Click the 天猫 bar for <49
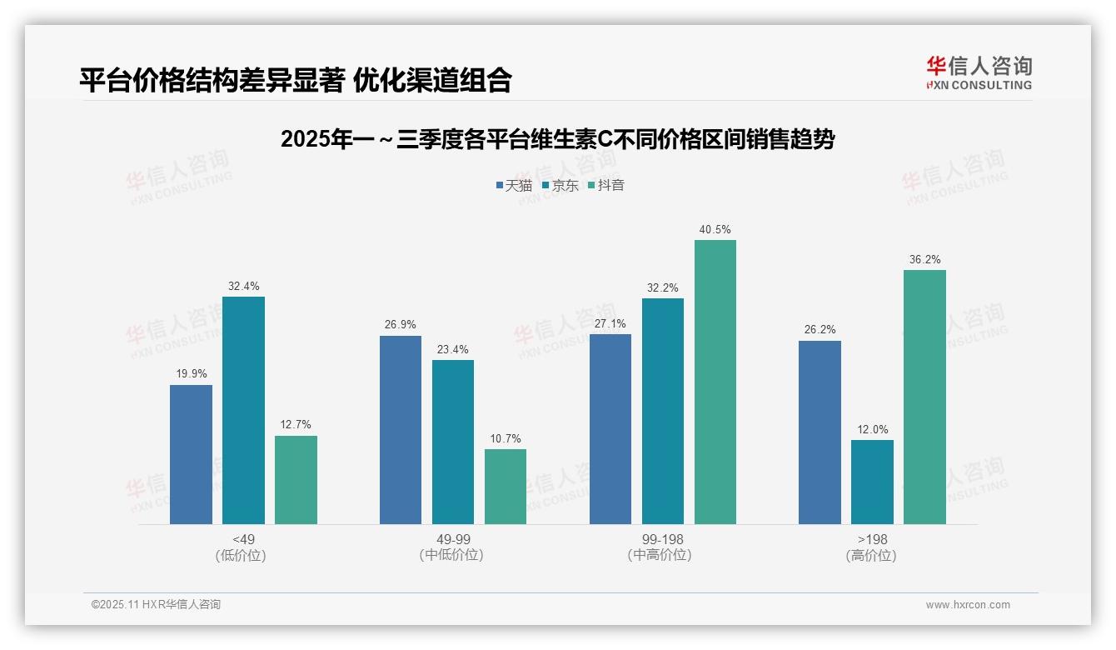pos(191,454)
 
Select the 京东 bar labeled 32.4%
pos(243,410)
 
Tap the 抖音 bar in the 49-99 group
pos(506,487)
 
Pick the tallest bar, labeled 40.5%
pos(715,382)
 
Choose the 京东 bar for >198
pos(872,482)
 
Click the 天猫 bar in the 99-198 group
pos(610,429)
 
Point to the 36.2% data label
pos(924,260)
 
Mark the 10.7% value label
pos(506,439)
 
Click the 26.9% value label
pos(400,325)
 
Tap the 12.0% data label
pos(872,430)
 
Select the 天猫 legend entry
pos(514,186)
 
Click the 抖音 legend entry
pos(606,186)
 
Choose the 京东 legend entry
pos(560,186)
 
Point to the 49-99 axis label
pos(453,540)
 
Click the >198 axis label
pos(872,540)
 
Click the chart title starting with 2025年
pos(557,139)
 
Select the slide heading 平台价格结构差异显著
pos(295,80)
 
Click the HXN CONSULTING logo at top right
pos(979,72)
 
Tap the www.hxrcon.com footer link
pos(968,605)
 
